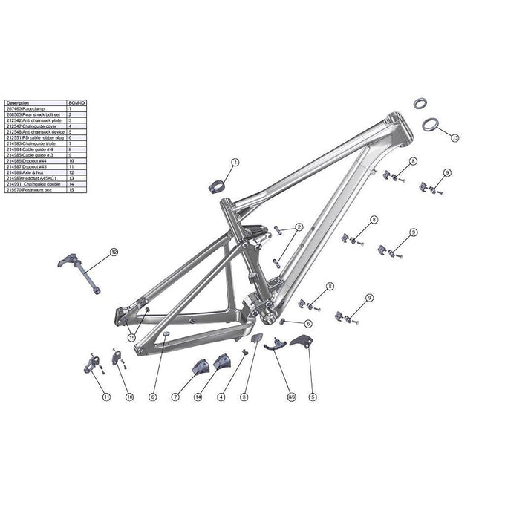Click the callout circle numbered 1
pos(235,162)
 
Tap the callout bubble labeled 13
pos(454,137)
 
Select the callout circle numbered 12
pos(114,252)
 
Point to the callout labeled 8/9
pos(291,397)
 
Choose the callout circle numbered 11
pos(106,397)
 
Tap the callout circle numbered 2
pos(299,227)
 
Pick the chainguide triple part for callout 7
pos(199,368)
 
